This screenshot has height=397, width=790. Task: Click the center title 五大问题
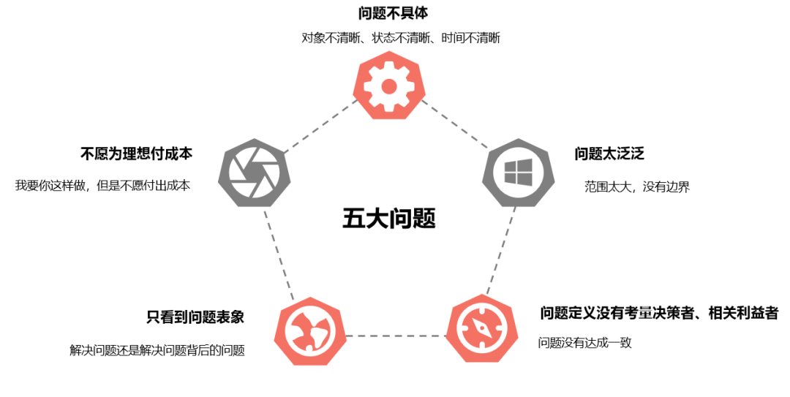click(x=388, y=218)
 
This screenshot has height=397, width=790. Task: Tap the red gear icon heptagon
click(x=389, y=87)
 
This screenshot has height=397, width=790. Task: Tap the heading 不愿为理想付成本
click(x=136, y=154)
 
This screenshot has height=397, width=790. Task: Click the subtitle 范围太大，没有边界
click(x=636, y=187)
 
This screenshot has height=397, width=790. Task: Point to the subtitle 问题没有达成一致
click(x=584, y=342)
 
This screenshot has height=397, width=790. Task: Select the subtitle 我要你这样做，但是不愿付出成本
click(x=102, y=186)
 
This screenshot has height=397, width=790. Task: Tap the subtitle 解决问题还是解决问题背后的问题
click(x=157, y=350)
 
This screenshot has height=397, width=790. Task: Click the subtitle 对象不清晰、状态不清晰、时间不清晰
click(x=400, y=38)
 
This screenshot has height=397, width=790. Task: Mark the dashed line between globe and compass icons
click(x=395, y=336)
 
